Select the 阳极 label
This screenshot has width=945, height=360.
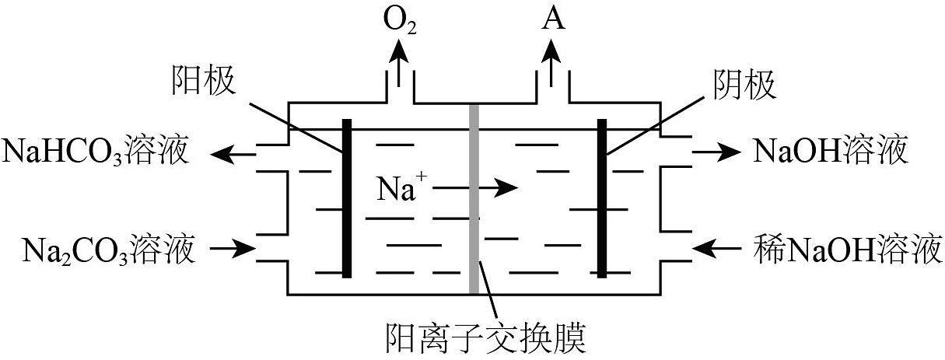pos(205,82)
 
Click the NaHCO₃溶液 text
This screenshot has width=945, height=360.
pos(96,152)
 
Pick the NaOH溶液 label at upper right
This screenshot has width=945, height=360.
pos(831,152)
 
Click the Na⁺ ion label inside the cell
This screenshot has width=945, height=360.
pos(403,188)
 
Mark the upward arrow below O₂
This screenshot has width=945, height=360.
pos(401,62)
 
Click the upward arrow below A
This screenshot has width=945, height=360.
pos(553,62)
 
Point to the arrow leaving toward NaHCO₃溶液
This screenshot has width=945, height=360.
pos(235,154)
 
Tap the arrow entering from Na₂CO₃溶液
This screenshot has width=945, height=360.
pos(234,250)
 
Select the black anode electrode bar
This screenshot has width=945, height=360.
pos(346,198)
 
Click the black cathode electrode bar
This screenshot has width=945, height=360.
pos(602,198)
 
